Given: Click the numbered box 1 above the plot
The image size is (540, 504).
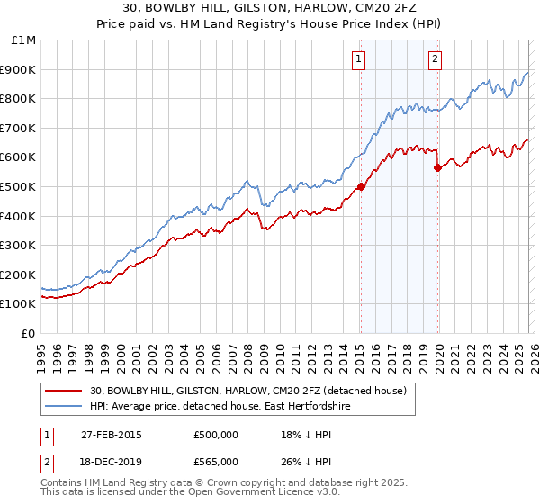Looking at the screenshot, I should point(359,59).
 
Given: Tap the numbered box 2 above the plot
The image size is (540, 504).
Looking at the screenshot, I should point(435,59).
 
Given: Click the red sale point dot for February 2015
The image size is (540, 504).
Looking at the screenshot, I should point(360,186).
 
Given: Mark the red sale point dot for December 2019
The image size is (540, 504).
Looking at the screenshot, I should point(437,167).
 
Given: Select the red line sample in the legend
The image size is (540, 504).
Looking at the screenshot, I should point(65,391).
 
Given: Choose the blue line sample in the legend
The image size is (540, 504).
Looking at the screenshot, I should point(65,407).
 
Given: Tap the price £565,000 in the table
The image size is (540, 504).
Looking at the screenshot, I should point(215,461).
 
